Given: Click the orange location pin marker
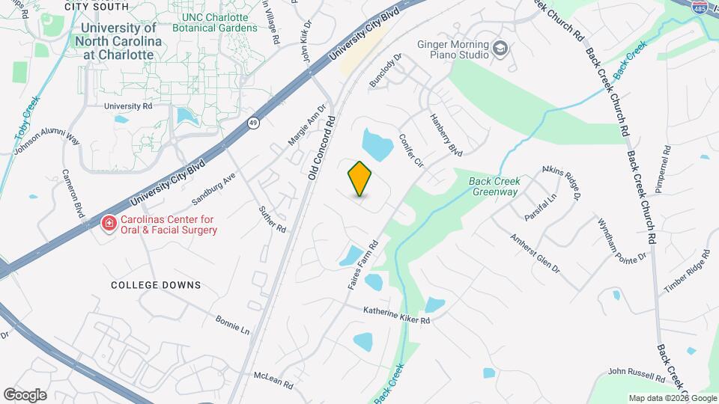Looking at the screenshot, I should [x=360, y=178].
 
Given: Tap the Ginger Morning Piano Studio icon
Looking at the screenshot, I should [x=500, y=50].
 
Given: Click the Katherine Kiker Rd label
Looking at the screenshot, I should [x=396, y=315].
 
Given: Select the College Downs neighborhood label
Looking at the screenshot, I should [x=156, y=285].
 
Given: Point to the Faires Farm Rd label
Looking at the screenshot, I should [x=361, y=266].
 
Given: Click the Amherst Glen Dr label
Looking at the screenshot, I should [x=535, y=254].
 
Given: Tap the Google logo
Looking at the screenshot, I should [x=25, y=394].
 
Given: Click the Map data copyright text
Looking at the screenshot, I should [x=671, y=397].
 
